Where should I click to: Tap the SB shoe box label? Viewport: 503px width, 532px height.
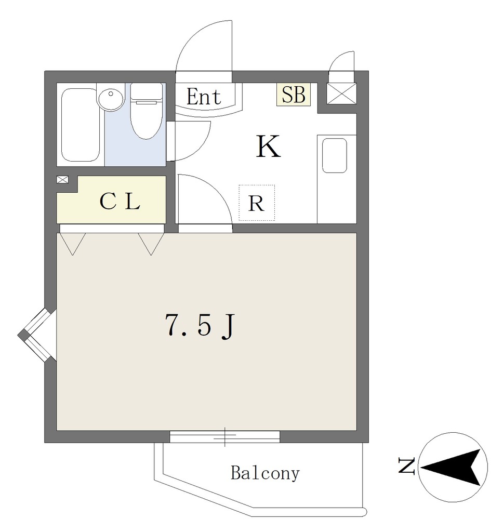pos(294,95)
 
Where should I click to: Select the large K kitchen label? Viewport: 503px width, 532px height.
pos(268,146)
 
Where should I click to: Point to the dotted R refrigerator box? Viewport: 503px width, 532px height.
pos(257,203)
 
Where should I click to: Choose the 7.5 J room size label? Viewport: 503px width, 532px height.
pos(200,325)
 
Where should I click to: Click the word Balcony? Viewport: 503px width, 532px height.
pos(265,473)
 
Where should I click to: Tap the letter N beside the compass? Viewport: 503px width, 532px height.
pos(407,466)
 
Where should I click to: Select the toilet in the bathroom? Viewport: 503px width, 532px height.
pos(147,111)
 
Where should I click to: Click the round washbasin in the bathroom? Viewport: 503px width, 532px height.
pos(110,99)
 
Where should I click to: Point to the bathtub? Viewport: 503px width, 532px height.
pos(81,125)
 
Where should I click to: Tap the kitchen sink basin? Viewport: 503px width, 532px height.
pos(335,155)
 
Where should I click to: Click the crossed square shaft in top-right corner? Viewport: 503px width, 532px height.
pos(341,94)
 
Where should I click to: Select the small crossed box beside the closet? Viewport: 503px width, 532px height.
pos(62,180)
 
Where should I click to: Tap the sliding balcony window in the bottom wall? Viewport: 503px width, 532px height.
pos(224,436)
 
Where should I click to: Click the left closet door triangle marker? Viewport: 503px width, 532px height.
pos(73,244)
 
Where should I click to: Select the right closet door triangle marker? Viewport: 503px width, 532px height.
pos(151,244)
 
